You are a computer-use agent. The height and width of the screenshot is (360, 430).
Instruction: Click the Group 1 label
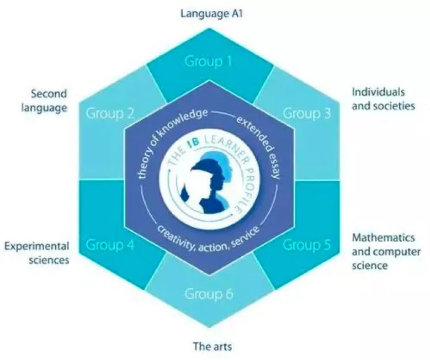point(209,61)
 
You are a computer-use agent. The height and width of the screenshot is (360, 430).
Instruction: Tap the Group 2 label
point(110,113)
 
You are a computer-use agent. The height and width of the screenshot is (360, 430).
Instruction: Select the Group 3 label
point(307,113)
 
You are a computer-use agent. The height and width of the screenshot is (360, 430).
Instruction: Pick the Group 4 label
point(110,245)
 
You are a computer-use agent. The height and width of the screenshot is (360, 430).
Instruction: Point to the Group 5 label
point(307,245)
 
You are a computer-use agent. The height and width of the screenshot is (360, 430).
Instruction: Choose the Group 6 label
point(209,294)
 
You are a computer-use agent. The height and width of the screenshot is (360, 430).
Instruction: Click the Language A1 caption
point(211,14)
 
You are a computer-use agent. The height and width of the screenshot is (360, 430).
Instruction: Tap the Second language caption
point(44,100)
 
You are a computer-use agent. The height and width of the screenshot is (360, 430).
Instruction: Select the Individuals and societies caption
point(384,99)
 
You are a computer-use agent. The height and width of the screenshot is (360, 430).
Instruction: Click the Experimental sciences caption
point(37,253)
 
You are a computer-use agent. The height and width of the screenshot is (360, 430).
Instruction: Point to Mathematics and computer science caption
point(386,251)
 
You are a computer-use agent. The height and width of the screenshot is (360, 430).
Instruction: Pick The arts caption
point(213,346)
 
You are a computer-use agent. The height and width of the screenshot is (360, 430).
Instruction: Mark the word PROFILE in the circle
point(246,190)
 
